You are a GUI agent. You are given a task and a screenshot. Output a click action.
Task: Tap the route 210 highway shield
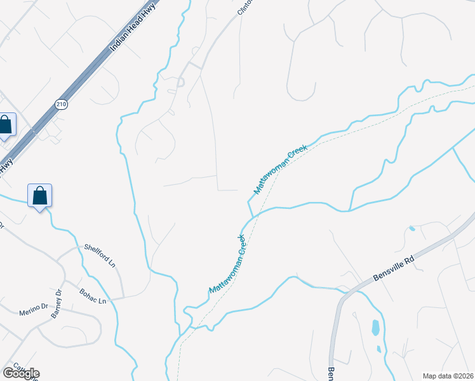(x=61, y=105)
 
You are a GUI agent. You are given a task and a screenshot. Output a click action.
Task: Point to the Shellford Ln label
(x=100, y=255)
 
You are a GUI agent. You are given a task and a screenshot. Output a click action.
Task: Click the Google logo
(x=21, y=373)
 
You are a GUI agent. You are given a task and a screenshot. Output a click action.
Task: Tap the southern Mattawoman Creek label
(x=227, y=264)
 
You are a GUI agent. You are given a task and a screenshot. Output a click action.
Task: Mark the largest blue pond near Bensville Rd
(x=375, y=328)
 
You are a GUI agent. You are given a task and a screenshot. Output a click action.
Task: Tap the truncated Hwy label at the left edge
(x=6, y=166)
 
